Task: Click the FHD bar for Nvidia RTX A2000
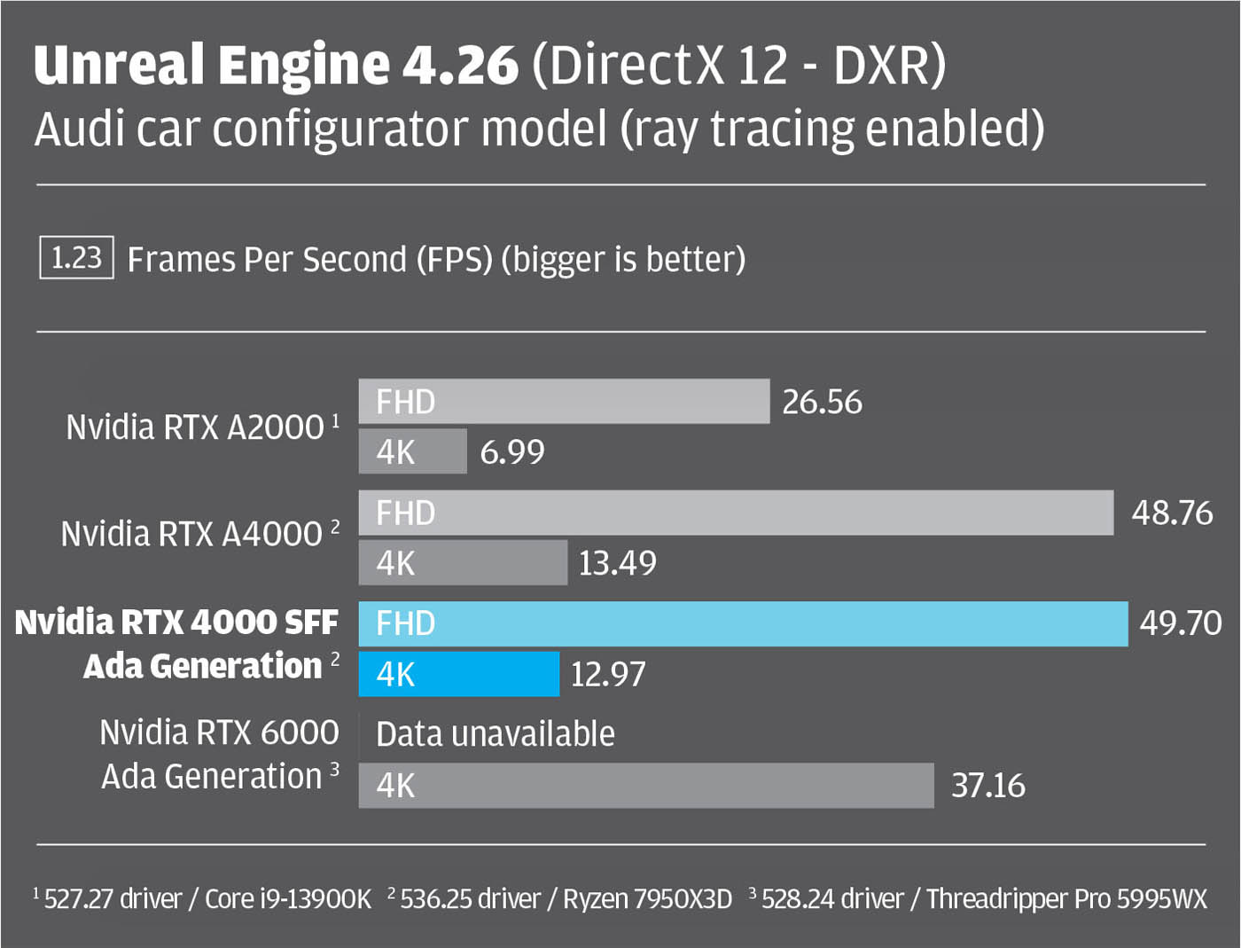tap(564, 402)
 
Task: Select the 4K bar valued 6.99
tap(412, 451)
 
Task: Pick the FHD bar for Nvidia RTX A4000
tap(736, 513)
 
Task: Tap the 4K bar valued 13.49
tap(463, 562)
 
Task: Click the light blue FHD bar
tap(743, 623)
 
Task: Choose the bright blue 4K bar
tap(458, 674)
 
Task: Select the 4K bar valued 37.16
tap(646, 785)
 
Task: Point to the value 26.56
tap(822, 402)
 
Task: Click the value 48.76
tap(1172, 513)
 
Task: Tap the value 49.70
tap(1181, 623)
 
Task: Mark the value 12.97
tap(608, 674)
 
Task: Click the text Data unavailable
tap(495, 734)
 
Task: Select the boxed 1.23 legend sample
tap(76, 258)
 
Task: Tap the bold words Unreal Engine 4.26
tap(276, 65)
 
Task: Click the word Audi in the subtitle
tap(78, 129)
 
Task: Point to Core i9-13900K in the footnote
tap(288, 899)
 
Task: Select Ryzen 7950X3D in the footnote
tap(648, 899)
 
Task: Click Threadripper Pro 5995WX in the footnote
tap(1066, 899)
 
